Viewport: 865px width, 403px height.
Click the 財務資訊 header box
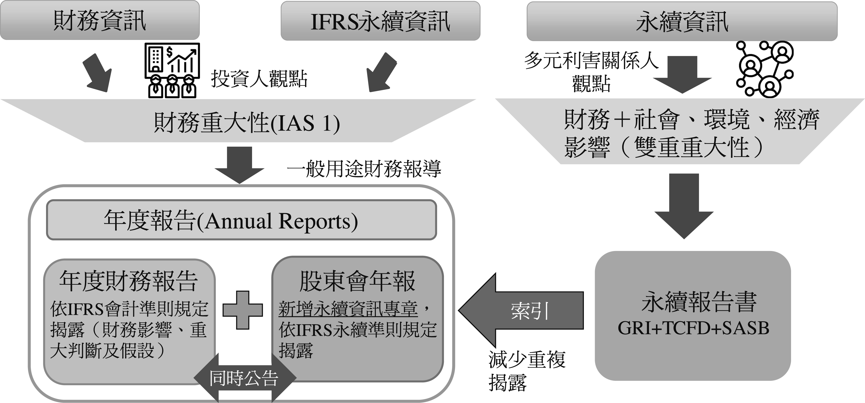coord(100,20)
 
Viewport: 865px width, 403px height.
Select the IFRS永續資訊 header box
coord(380,21)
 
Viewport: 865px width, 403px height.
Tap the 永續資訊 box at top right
coord(682,21)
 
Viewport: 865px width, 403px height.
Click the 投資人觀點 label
coord(259,79)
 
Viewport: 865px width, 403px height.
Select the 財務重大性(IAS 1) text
coord(247,123)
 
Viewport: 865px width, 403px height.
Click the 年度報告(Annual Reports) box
coord(241,220)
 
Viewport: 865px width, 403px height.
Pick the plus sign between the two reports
coord(243,310)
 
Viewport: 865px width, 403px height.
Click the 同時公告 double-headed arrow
coord(244,378)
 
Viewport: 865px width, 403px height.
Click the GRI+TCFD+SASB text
coord(693,328)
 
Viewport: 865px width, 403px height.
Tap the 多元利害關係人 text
coord(591,61)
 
